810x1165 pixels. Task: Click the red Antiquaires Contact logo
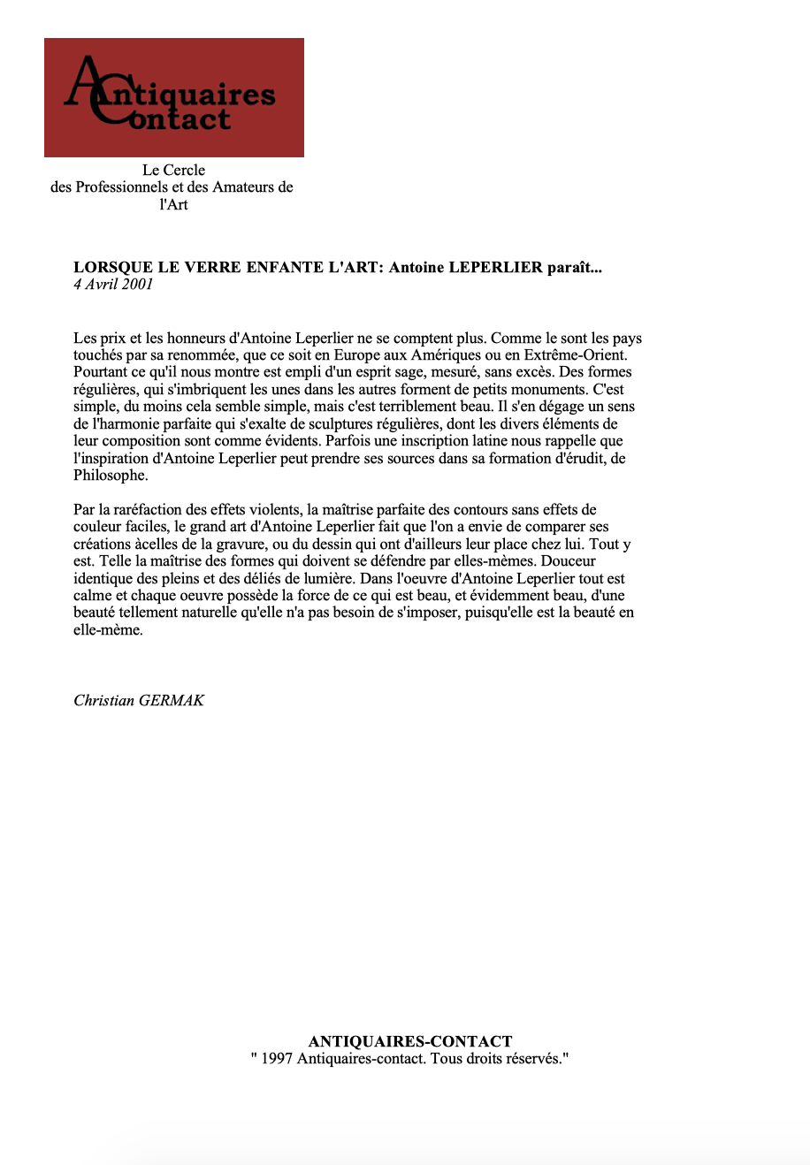coord(173,97)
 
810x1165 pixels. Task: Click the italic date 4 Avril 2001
coord(113,285)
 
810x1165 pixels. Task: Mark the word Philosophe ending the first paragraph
coord(111,476)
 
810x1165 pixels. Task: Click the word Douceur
coord(569,561)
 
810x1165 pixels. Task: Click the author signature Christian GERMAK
coord(139,701)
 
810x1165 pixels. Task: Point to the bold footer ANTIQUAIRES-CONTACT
coord(410,1041)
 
